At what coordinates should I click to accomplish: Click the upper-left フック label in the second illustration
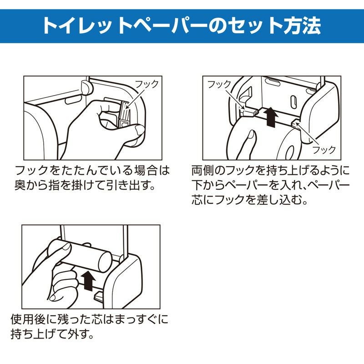tap(219, 84)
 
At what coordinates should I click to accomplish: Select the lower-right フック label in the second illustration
tap(324, 149)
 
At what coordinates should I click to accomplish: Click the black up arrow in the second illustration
tap(272, 116)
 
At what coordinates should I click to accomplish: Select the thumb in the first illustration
tap(123, 132)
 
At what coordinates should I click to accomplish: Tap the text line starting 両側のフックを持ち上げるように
tap(270, 172)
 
